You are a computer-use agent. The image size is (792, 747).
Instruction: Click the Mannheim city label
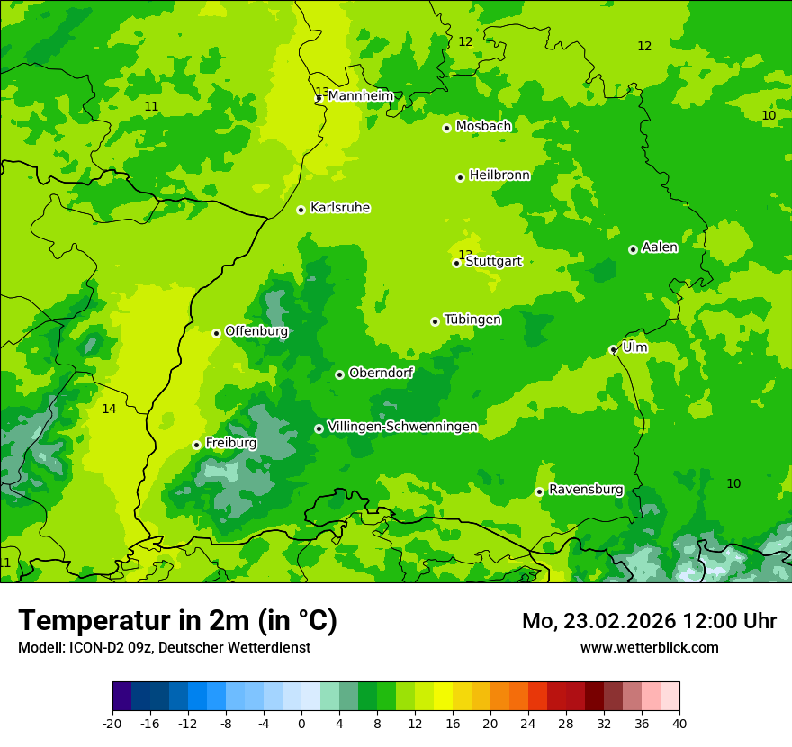pyautogui.click(x=360, y=95)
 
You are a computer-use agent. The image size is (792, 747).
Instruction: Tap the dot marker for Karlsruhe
pyautogui.click(x=301, y=210)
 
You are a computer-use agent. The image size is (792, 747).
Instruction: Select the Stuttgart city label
pyautogui.click(x=493, y=261)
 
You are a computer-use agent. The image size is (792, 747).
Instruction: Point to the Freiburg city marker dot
pyautogui.click(x=196, y=445)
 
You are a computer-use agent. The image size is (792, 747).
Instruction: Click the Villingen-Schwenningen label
pyautogui.click(x=402, y=426)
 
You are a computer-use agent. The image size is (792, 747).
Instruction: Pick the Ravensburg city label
pyautogui.click(x=586, y=490)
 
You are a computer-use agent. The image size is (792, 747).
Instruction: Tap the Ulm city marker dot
pyautogui.click(x=613, y=350)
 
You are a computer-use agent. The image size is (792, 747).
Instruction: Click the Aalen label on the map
pyautogui.click(x=660, y=247)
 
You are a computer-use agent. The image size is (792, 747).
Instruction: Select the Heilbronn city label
pyautogui.click(x=499, y=175)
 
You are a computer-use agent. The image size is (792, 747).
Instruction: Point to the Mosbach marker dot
pyautogui.click(x=446, y=128)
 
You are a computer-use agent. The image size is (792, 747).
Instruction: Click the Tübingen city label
pyautogui.click(x=472, y=319)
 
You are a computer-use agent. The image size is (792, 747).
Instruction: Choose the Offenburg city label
pyautogui.click(x=256, y=330)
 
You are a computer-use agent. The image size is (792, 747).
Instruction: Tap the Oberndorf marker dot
pyautogui.click(x=339, y=374)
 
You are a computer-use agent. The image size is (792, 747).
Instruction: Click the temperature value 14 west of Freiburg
pyautogui.click(x=109, y=409)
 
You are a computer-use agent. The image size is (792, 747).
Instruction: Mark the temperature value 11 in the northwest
pyautogui.click(x=151, y=106)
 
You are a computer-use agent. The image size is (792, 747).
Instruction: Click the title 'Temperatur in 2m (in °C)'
pyautogui.click(x=177, y=620)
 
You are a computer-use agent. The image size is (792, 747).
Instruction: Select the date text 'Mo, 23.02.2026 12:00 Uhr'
pyautogui.click(x=649, y=621)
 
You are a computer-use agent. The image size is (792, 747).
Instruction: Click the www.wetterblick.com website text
pyautogui.click(x=649, y=647)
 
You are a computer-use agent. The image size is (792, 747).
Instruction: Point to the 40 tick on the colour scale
pyautogui.click(x=679, y=723)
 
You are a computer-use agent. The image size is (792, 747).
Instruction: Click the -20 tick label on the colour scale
pyautogui.click(x=112, y=723)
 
